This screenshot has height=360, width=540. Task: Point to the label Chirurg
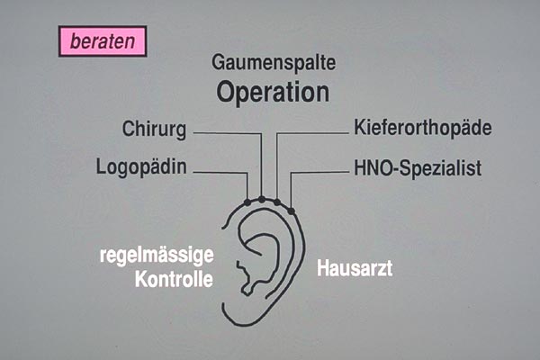[x=154, y=130]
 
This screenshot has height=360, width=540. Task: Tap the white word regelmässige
[x=156, y=256]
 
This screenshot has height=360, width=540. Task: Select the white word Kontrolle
[x=174, y=279]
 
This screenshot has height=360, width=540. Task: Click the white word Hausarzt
[x=355, y=268]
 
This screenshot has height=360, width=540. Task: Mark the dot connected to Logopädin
[x=247, y=202]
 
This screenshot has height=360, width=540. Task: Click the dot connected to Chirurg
[x=261, y=199]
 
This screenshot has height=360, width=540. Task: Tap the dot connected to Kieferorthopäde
[x=277, y=202]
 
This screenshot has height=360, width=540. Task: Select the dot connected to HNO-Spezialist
[x=292, y=210]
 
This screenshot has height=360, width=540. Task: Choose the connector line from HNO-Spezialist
[x=319, y=172]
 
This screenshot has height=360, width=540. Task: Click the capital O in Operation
[x=229, y=92]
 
